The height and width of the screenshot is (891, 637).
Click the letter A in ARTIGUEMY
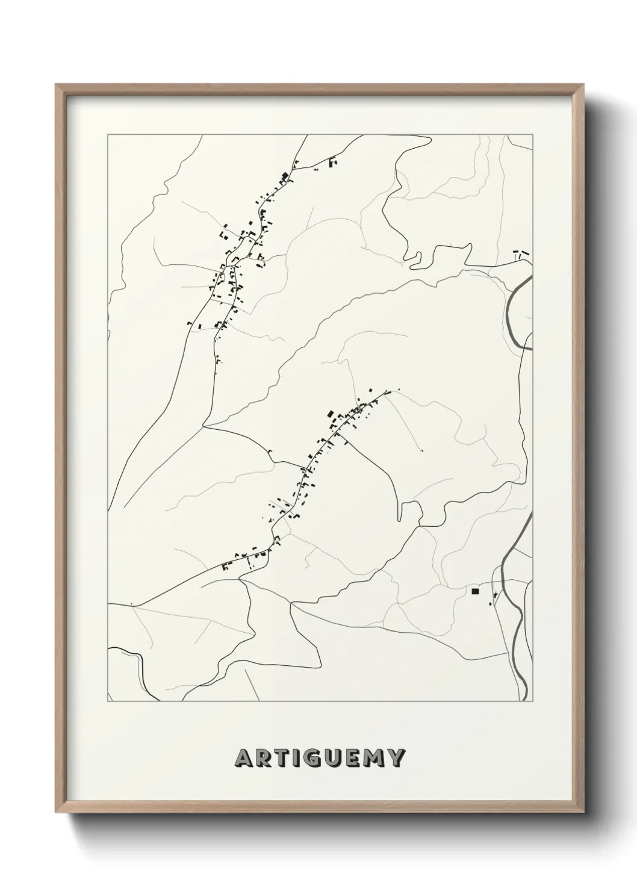click(244, 758)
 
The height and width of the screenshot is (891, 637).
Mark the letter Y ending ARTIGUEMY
click(394, 758)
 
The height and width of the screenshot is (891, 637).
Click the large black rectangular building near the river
click(475, 592)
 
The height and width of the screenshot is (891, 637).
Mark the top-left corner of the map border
click(108, 135)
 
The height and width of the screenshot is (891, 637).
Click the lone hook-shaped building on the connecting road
click(270, 452)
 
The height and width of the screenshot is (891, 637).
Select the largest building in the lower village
click(331, 414)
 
